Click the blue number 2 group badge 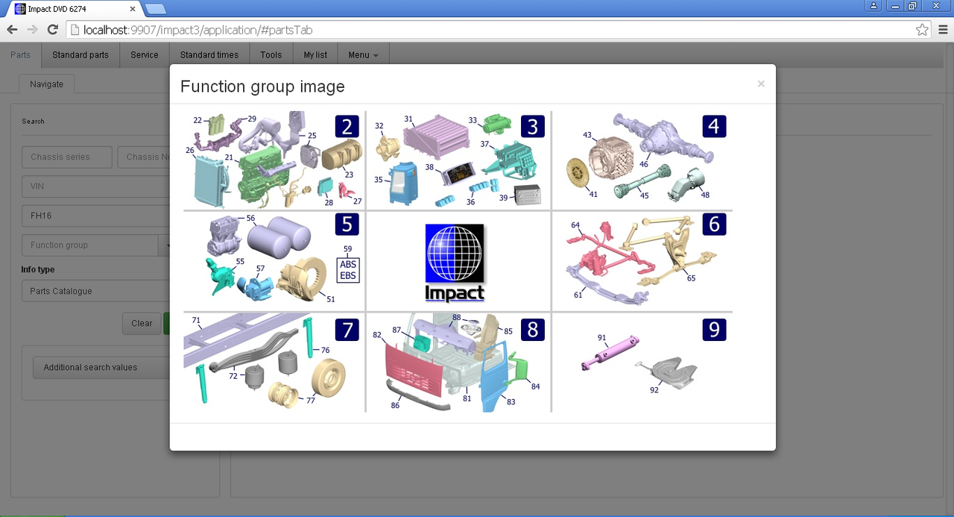pos(347,127)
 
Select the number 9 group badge pos(714,330)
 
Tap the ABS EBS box pos(348,270)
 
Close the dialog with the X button pos(761,84)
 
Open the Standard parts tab pos(80,55)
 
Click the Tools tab pos(271,55)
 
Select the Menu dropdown pos(363,55)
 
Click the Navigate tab pos(46,84)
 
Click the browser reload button pos(52,30)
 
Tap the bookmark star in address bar pos(922,30)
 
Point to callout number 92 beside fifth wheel pos(654,389)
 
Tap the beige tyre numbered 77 pos(329,377)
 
